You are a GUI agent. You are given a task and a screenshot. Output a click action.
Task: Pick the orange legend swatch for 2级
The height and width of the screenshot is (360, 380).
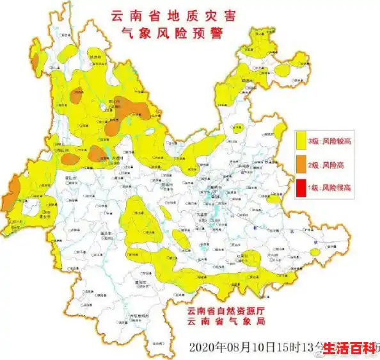pyautogui.click(x=301, y=165)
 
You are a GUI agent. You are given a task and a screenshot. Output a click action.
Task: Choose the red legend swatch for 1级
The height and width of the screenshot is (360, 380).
pyautogui.click(x=301, y=188)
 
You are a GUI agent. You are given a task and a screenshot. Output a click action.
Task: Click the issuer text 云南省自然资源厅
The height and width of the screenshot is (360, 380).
pyautogui.click(x=226, y=311)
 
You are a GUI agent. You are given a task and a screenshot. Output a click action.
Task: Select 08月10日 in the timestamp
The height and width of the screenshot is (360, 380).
pyautogui.click(x=249, y=347)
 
